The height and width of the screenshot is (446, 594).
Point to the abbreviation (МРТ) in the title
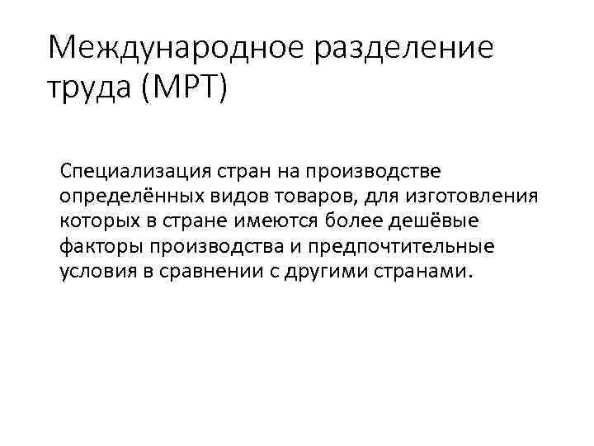coord(183,86)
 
